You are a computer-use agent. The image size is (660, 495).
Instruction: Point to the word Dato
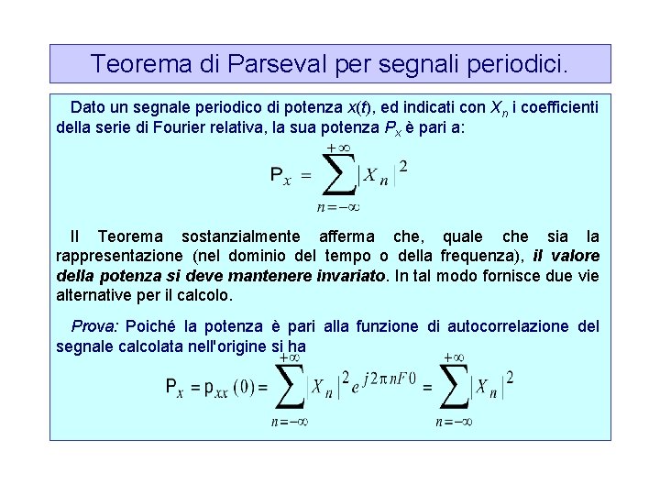click(88, 107)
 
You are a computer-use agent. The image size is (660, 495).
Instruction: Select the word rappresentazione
click(120, 256)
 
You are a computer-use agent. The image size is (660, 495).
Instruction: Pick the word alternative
click(95, 296)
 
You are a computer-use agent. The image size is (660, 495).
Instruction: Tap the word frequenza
click(480, 256)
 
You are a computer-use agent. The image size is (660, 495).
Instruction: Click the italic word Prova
click(94, 326)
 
